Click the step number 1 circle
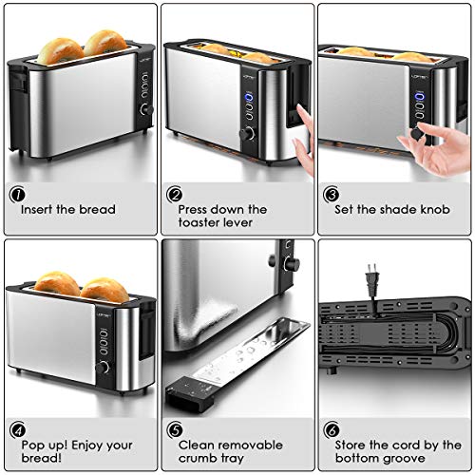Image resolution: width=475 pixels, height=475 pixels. tap(16, 196)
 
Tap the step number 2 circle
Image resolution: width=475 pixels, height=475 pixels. tap(175, 196)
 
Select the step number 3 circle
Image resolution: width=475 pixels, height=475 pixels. tap(332, 196)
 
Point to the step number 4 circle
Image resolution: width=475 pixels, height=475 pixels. tap(16, 430)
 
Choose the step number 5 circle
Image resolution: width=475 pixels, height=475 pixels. tap(175, 430)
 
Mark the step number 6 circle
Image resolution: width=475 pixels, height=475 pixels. tap(332, 430)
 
